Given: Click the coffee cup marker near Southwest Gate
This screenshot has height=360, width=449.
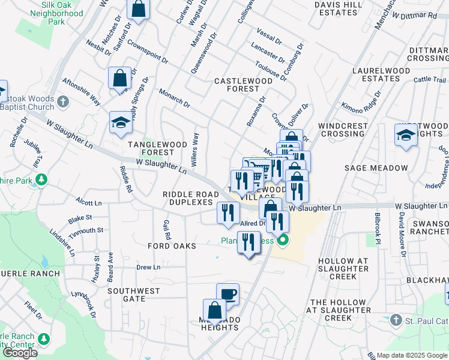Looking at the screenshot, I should [x=228, y=294].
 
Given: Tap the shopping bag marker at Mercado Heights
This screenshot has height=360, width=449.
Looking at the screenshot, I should [x=214, y=311].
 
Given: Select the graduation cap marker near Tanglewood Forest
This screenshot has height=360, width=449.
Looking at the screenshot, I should [x=121, y=123].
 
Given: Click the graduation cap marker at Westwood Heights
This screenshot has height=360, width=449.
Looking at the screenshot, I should [x=406, y=135].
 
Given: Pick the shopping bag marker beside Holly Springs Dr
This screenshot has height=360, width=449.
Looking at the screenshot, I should [x=119, y=78].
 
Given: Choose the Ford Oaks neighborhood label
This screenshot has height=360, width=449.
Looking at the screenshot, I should [x=172, y=246].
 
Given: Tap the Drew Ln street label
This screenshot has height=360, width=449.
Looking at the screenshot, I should [x=148, y=267].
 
